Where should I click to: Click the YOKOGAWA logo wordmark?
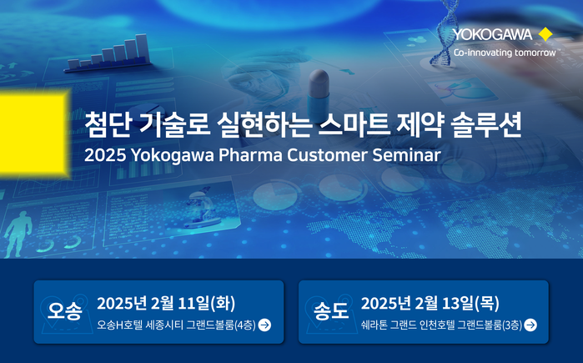pyautogui.click(x=493, y=34)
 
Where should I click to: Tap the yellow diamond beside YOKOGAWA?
pyautogui.click(x=545, y=34)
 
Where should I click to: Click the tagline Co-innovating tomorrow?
pyautogui.click(x=505, y=53)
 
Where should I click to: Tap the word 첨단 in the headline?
pyautogui.click(x=107, y=124)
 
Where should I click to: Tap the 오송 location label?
pyautogui.click(x=64, y=310)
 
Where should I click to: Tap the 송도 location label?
pyautogui.click(x=331, y=310)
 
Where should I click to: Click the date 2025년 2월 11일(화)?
pyautogui.click(x=166, y=303)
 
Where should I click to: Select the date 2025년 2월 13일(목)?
pyautogui.click(x=430, y=303)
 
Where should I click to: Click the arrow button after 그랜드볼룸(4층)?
pyautogui.click(x=264, y=325)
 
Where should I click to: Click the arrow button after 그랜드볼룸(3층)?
pyautogui.click(x=530, y=325)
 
